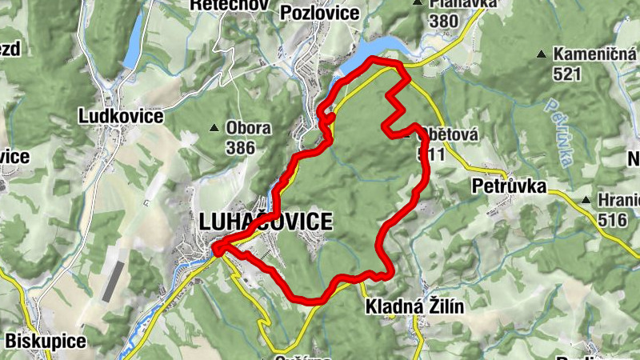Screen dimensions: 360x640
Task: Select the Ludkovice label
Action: (121, 116)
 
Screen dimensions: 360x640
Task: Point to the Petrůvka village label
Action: (509, 187)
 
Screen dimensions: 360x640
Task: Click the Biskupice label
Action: (46, 341)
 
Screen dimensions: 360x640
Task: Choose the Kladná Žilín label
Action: (414, 306)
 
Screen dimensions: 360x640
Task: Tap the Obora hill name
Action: (248, 128)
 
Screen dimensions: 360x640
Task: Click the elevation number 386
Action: (240, 147)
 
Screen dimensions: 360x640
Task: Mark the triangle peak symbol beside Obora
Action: (214, 128)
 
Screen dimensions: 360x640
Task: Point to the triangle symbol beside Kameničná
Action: (542, 54)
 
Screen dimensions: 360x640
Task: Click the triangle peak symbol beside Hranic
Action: (586, 200)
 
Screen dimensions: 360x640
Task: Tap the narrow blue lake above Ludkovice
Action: (133, 40)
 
